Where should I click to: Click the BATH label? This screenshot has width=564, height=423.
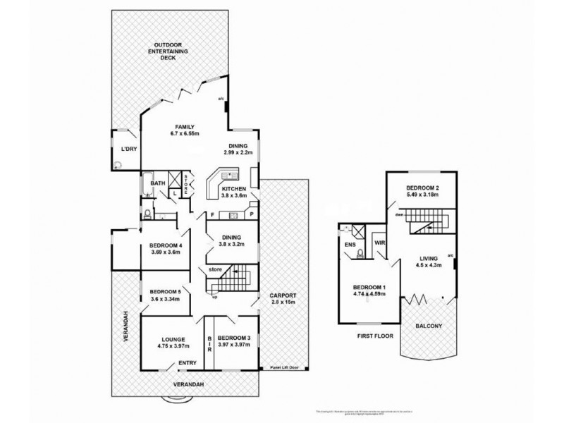[157, 183]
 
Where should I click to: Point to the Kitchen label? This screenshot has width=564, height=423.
[233, 190]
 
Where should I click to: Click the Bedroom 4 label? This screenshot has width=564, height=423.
[166, 245]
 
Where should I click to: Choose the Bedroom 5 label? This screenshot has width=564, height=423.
[166, 293]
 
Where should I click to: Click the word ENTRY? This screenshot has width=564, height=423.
[188, 362]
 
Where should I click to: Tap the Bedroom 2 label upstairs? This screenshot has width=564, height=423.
[424, 188]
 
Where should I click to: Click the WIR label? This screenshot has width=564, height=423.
[379, 242]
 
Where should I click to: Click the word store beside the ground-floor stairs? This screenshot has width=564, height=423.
[216, 269]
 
